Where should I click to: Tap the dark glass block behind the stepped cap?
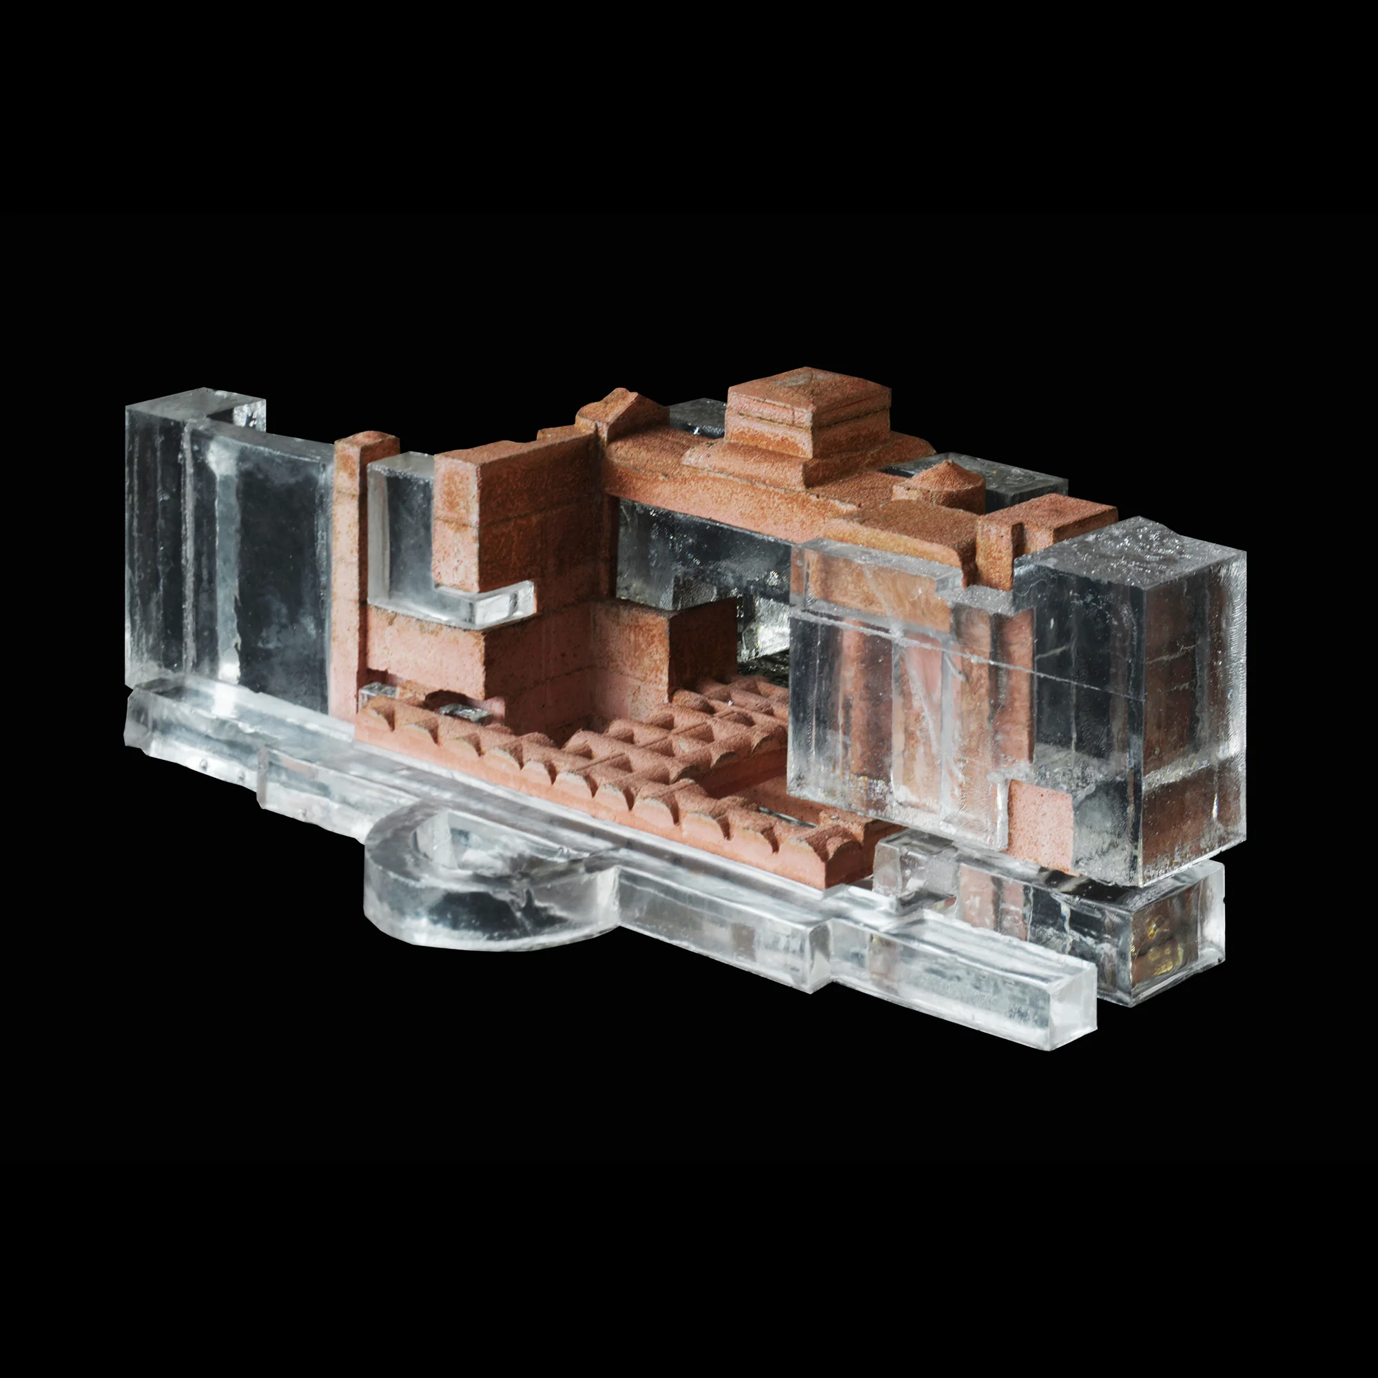click(695, 418)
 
